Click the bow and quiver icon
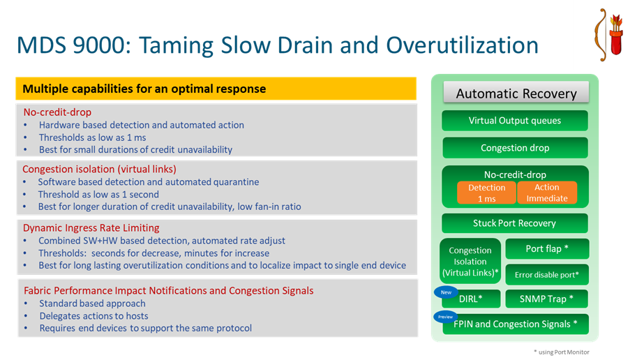(608, 35)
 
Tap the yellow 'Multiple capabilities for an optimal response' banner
(216, 89)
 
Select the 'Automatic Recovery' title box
(516, 93)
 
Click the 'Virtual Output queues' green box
(514, 121)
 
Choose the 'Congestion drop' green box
(514, 148)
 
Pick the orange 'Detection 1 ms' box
(486, 193)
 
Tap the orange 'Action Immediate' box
(547, 193)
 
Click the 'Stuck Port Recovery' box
(514, 223)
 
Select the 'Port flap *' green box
(547, 248)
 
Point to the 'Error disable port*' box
(547, 274)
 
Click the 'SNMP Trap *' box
(547, 299)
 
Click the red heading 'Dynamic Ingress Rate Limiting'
(91, 227)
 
